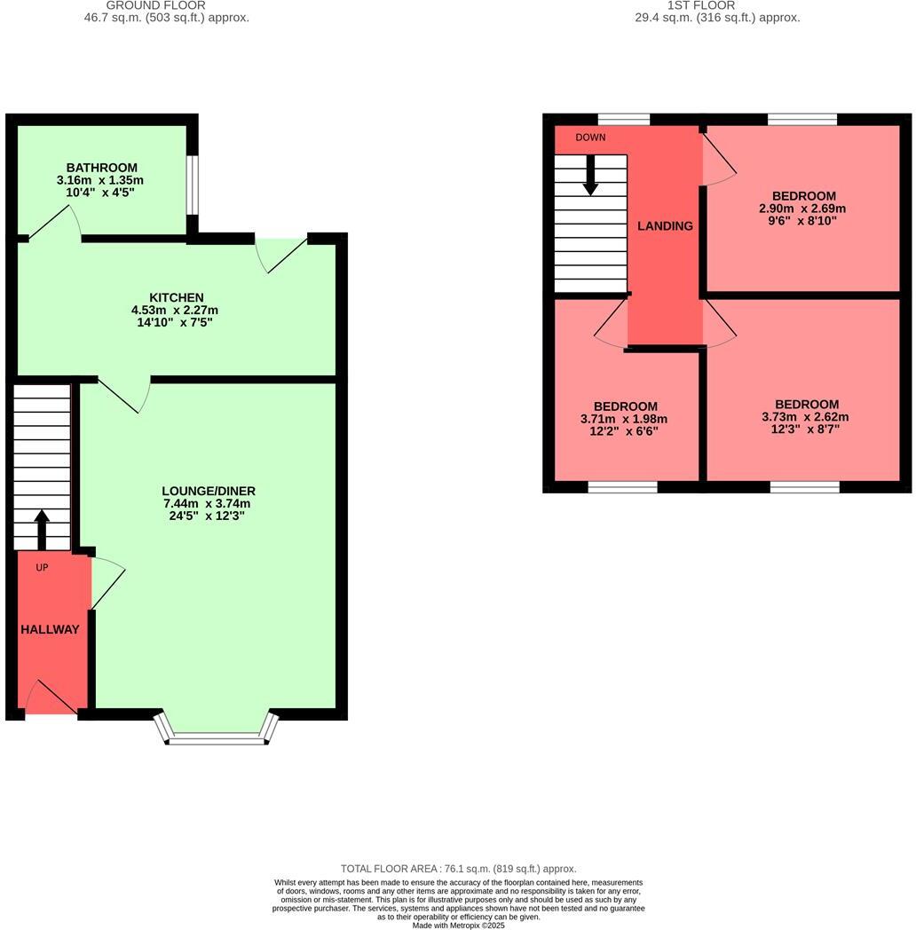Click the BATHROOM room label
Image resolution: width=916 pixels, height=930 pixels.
click(x=102, y=167)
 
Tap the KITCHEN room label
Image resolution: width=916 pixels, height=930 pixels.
click(x=176, y=297)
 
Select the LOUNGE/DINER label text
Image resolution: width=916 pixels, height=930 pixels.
click(x=208, y=491)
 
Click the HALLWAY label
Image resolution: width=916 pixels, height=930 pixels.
click(x=50, y=629)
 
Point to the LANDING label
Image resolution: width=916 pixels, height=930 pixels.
click(x=665, y=226)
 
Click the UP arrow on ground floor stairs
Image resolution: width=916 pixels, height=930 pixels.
click(x=42, y=529)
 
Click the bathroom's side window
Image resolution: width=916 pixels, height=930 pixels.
click(x=193, y=185)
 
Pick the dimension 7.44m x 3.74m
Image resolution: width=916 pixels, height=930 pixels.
click(x=208, y=503)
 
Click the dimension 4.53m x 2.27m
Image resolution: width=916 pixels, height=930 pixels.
click(x=176, y=310)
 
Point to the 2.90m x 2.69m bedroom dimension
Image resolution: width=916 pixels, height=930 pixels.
click(x=802, y=209)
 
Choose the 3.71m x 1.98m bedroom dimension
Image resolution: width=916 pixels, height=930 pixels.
click(x=625, y=420)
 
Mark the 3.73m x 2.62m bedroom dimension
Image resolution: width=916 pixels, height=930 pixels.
click(x=804, y=417)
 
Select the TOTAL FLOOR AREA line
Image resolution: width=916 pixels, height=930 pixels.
click(x=458, y=869)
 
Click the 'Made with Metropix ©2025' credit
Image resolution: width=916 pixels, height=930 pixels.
click(x=458, y=925)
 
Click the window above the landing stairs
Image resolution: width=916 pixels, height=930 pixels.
click(x=623, y=119)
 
